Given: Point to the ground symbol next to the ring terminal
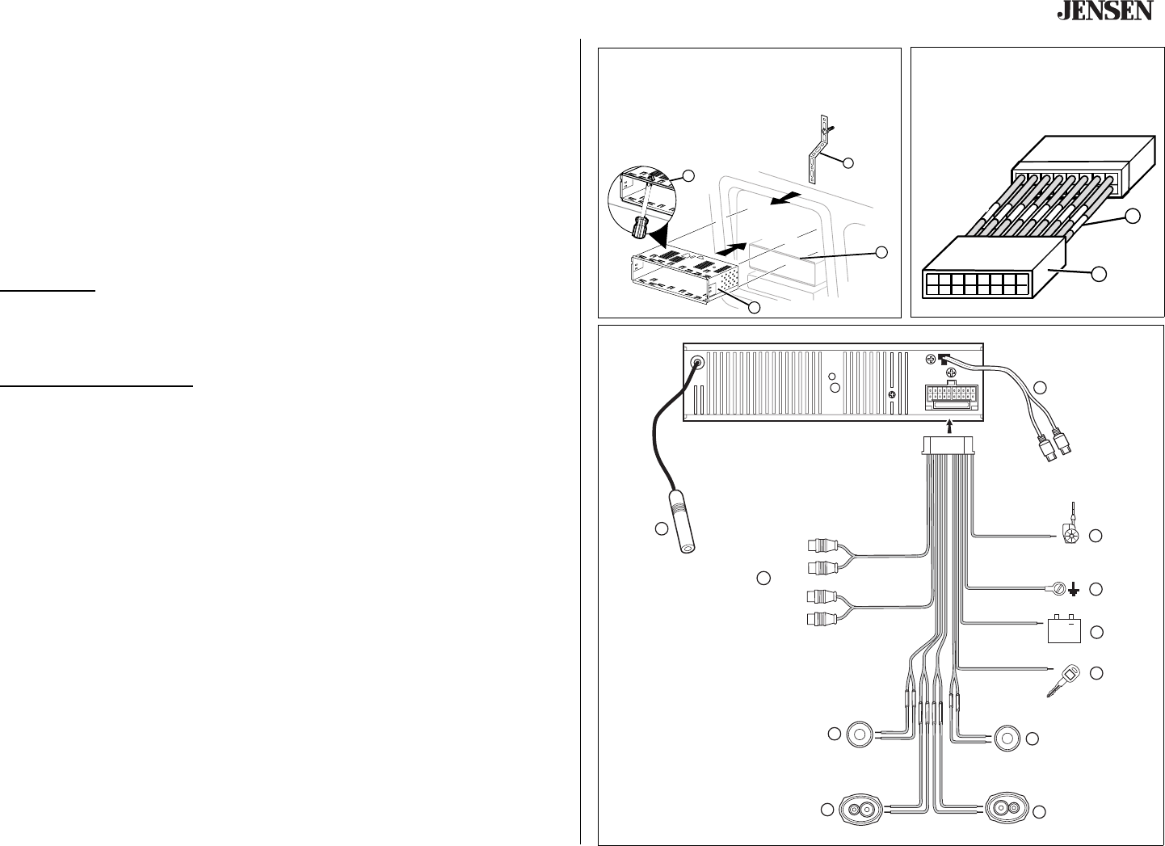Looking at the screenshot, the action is click(1074, 591).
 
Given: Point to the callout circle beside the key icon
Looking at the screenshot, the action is click(1096, 672).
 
